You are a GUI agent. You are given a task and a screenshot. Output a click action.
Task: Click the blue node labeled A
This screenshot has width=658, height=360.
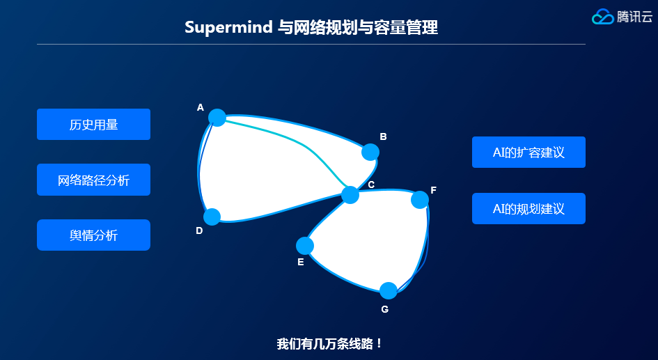[x=217, y=117]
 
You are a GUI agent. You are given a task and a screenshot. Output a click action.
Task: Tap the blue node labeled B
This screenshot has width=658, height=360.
[x=370, y=152]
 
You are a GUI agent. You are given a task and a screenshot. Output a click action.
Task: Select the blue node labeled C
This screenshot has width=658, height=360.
[x=350, y=195]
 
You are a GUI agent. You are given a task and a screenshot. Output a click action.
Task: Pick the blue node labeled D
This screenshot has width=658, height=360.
[x=212, y=217]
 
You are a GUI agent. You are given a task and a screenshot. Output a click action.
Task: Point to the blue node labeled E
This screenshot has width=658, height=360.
[x=305, y=246]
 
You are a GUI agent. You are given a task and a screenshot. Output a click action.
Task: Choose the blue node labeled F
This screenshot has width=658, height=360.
[x=420, y=200]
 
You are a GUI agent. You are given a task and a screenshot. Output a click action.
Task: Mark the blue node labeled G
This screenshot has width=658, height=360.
[x=389, y=290]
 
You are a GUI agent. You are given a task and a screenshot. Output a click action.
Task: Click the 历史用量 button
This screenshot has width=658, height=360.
[x=93, y=125]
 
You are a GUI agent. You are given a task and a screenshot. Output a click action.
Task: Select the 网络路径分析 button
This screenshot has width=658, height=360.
[x=93, y=180]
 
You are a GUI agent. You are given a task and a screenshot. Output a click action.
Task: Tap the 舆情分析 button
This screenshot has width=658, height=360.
[x=93, y=235]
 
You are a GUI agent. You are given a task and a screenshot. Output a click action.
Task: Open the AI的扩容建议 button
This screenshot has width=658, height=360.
[x=528, y=152]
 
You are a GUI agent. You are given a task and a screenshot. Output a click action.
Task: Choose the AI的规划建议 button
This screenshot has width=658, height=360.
[x=528, y=209]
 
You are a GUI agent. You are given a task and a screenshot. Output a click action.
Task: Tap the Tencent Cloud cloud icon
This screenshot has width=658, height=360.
[x=602, y=17]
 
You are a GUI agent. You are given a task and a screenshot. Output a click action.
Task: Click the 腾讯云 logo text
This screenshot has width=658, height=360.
[x=634, y=17]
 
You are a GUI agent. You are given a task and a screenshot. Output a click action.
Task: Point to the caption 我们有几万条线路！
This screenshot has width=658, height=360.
[x=329, y=343]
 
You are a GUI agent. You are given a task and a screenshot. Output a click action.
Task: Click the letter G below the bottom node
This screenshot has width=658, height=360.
[x=385, y=309]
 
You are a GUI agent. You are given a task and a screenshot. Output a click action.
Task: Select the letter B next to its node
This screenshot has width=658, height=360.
[x=383, y=136]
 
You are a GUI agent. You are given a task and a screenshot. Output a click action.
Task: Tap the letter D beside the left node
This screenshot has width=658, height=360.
[x=199, y=230]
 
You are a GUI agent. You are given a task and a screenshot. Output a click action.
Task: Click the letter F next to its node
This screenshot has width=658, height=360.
[x=433, y=190]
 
